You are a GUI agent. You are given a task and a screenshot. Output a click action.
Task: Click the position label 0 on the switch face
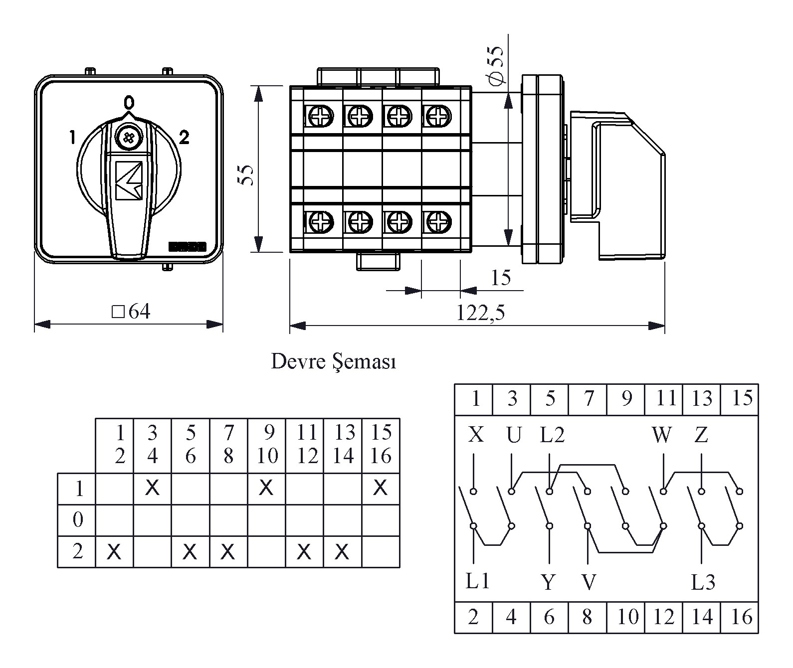[x=129, y=103]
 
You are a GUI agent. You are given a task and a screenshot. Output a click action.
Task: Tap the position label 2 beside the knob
[x=184, y=137]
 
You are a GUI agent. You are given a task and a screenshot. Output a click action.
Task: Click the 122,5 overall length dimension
[x=480, y=313]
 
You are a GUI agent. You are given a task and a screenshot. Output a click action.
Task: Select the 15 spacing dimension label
[x=500, y=278]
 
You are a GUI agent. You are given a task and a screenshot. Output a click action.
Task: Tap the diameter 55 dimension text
[x=497, y=65]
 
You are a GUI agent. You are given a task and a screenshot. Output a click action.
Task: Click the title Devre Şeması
[x=334, y=361]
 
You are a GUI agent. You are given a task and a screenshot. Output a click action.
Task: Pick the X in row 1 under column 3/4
[x=152, y=488]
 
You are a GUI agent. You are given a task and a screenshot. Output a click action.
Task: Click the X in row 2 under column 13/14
[x=342, y=552]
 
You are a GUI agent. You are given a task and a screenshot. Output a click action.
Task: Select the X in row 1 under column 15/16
[x=381, y=488]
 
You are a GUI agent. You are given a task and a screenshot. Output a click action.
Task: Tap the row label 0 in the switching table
[x=77, y=520]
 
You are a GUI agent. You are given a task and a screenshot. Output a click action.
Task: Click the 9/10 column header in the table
[x=267, y=444]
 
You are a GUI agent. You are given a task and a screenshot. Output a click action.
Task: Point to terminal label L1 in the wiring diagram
[x=478, y=581]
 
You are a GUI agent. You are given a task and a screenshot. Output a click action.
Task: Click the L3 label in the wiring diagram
[x=703, y=582]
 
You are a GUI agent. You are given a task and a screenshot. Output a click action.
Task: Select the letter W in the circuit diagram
[x=662, y=435]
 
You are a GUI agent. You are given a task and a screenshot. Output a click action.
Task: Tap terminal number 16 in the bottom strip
[x=741, y=617]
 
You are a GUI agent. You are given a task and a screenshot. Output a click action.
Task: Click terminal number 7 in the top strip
[x=589, y=399]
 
